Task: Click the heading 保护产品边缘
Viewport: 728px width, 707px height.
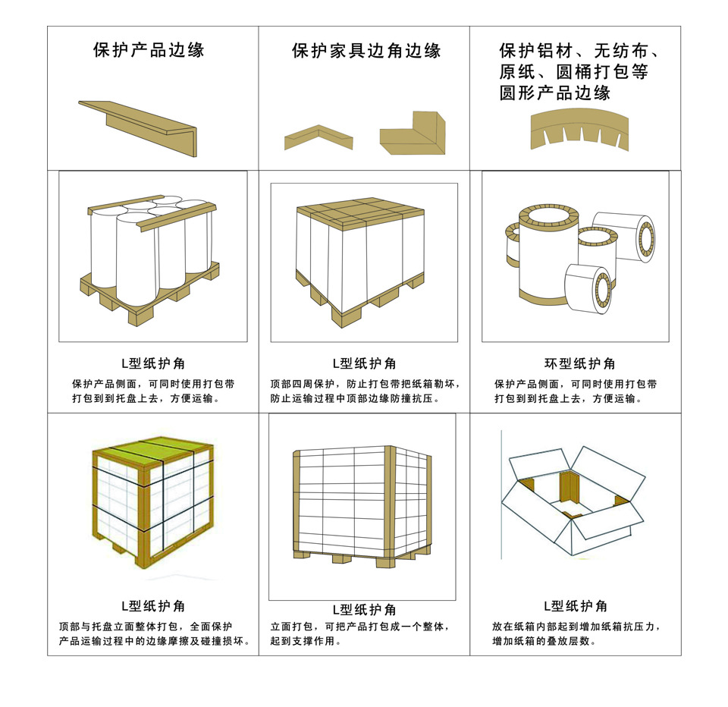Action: click(x=149, y=51)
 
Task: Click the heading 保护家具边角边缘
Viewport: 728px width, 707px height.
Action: click(x=366, y=51)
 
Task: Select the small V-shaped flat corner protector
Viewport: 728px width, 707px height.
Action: click(x=318, y=137)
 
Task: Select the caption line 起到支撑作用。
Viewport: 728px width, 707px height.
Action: click(x=305, y=642)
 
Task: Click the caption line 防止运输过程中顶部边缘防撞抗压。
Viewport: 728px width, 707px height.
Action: click(x=355, y=398)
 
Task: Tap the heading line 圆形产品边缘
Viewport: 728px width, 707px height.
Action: click(x=554, y=93)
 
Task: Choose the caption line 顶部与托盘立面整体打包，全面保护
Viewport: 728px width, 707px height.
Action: click(x=146, y=627)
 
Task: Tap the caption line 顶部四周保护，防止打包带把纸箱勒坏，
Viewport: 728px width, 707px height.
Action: click(x=365, y=383)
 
